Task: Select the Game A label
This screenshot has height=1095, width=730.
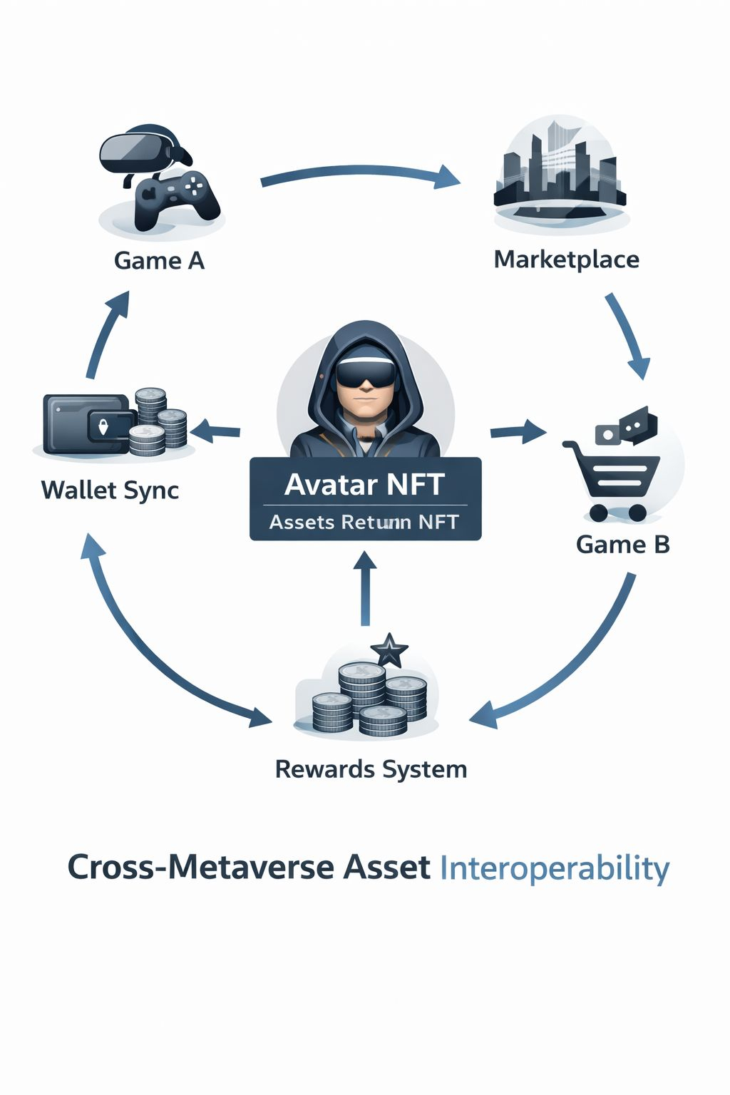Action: tap(159, 261)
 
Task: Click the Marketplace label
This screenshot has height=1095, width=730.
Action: tap(566, 259)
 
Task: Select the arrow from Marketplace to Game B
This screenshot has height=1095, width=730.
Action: tap(628, 335)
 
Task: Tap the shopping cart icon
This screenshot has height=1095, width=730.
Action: tap(613, 478)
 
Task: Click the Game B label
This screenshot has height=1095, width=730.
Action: tap(622, 545)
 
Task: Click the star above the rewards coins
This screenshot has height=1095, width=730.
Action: tap(389, 649)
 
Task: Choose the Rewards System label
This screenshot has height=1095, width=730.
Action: tap(371, 770)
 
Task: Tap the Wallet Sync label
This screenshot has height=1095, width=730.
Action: tap(110, 490)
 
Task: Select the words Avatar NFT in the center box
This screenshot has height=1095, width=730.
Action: tap(364, 485)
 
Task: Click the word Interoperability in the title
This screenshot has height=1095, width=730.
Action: tap(555, 868)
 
